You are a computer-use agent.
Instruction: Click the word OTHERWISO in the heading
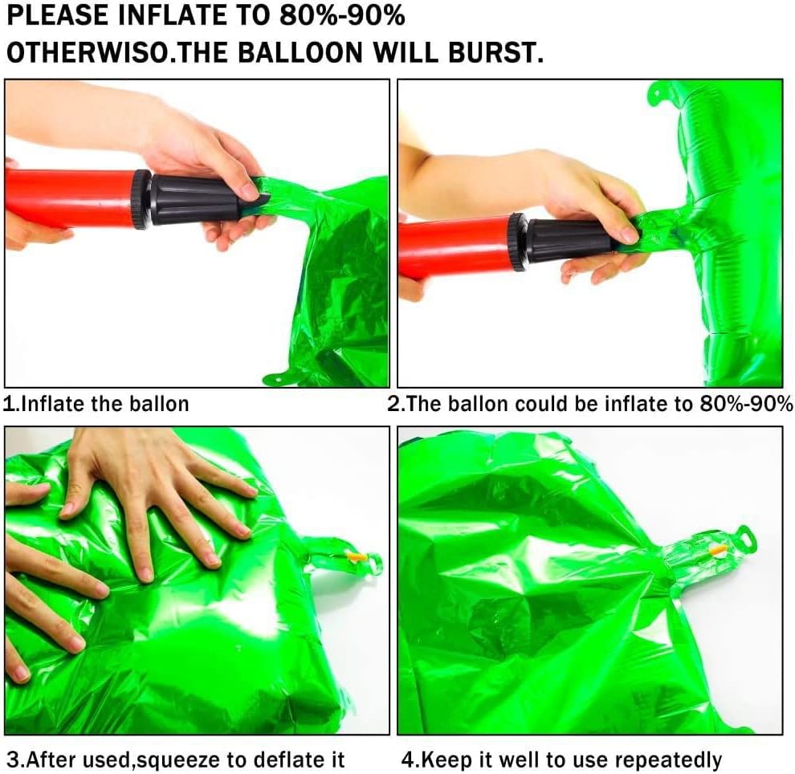(87, 52)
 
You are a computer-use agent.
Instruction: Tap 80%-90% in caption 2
(746, 404)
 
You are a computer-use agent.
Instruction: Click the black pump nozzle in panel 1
(195, 200)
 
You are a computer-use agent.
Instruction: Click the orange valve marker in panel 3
(356, 556)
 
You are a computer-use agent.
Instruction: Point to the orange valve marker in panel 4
(719, 550)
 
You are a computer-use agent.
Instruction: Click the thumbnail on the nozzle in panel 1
(250, 192)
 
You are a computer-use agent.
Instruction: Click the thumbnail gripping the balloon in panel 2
(629, 234)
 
